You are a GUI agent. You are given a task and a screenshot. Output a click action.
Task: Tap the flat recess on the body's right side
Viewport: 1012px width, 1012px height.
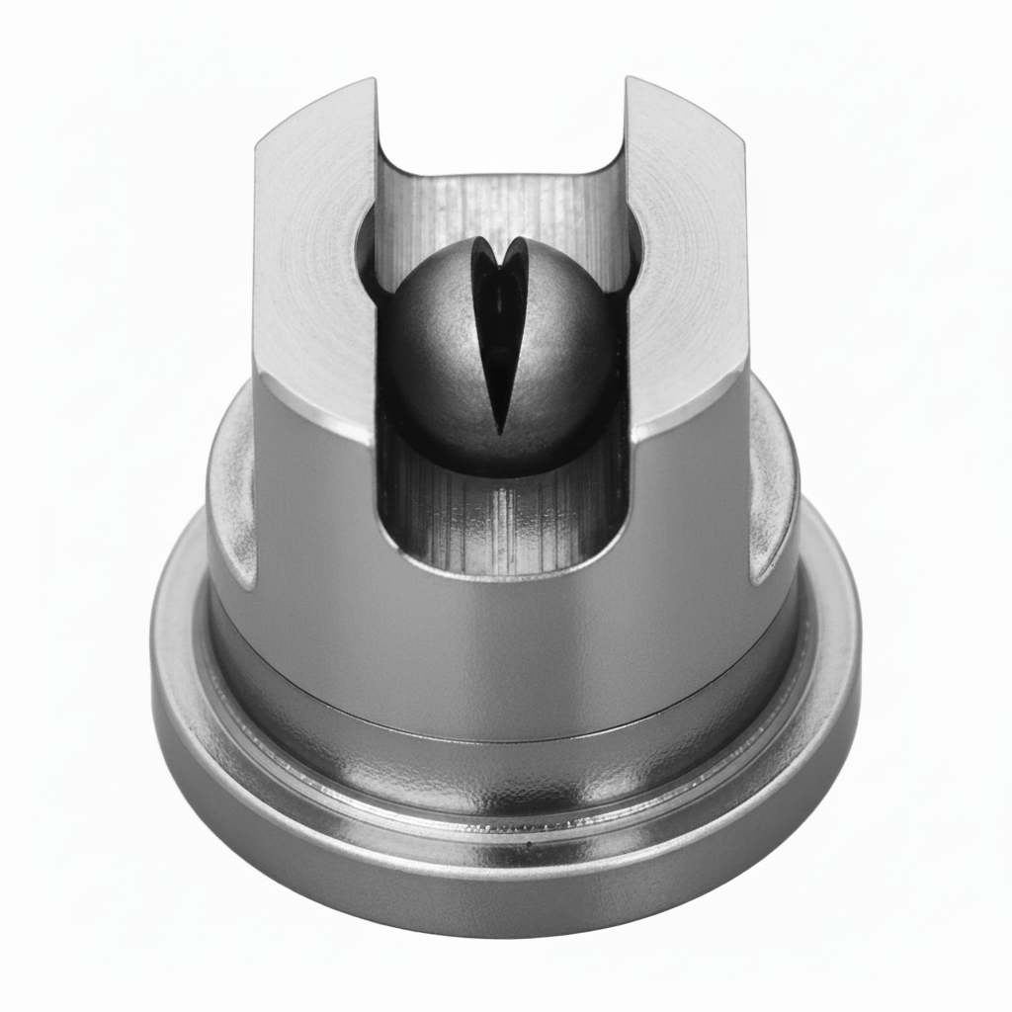tap(773, 494)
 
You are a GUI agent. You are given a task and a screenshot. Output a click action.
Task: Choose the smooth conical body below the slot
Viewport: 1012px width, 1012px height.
tap(504, 642)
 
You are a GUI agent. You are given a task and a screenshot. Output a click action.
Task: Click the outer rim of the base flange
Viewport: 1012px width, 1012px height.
tap(504, 889)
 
